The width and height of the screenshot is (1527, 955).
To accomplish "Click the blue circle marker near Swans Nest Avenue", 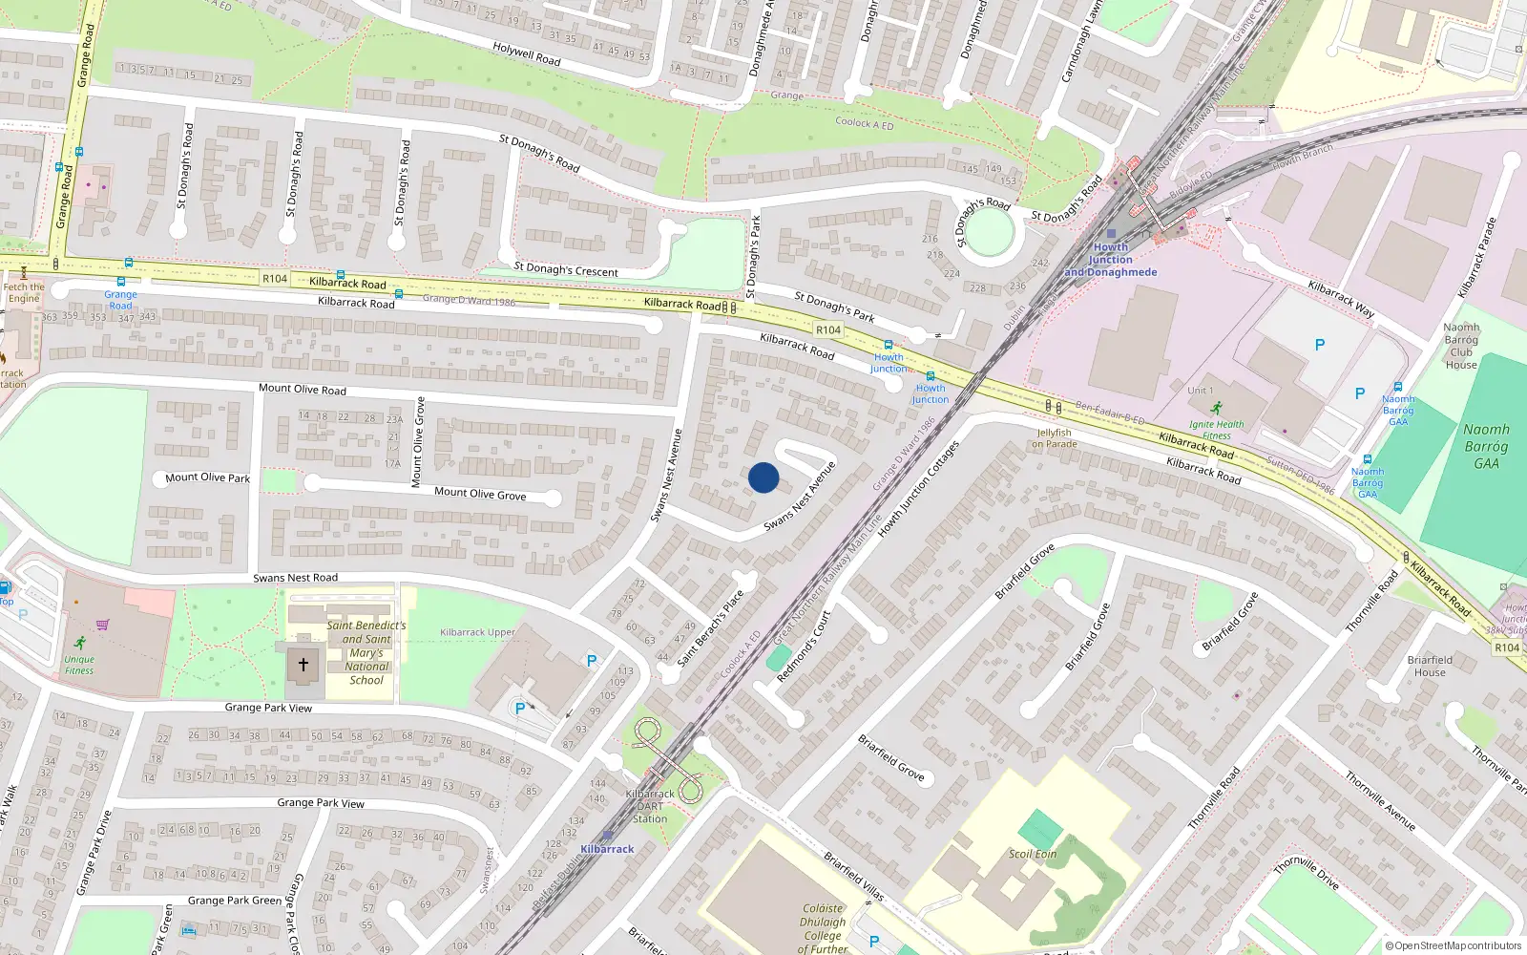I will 763,477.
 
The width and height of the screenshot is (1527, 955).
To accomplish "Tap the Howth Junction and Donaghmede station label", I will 1111,260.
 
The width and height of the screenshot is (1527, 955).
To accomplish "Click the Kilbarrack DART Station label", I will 650,806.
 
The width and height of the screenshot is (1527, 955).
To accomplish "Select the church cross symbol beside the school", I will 303,664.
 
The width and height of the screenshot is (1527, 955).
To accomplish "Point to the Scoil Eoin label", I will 1033,854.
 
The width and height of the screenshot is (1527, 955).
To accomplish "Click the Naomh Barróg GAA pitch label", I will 1486,446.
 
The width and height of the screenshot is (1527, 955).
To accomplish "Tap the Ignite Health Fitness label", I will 1216,430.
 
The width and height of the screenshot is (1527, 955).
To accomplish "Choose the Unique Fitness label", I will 79,665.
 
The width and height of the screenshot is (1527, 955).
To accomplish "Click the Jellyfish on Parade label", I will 1054,438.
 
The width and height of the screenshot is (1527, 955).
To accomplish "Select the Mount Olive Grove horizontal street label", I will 480,494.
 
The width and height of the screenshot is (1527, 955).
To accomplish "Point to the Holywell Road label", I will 527,53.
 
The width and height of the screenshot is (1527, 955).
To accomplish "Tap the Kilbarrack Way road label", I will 1341,299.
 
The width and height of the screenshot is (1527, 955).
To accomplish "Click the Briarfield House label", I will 1430,666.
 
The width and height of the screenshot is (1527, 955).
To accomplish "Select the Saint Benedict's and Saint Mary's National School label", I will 366,653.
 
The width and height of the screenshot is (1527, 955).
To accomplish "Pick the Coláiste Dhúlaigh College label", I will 823,928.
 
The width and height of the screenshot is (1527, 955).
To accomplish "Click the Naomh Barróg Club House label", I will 1461,346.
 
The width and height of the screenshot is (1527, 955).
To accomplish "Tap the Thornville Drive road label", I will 1307,874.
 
